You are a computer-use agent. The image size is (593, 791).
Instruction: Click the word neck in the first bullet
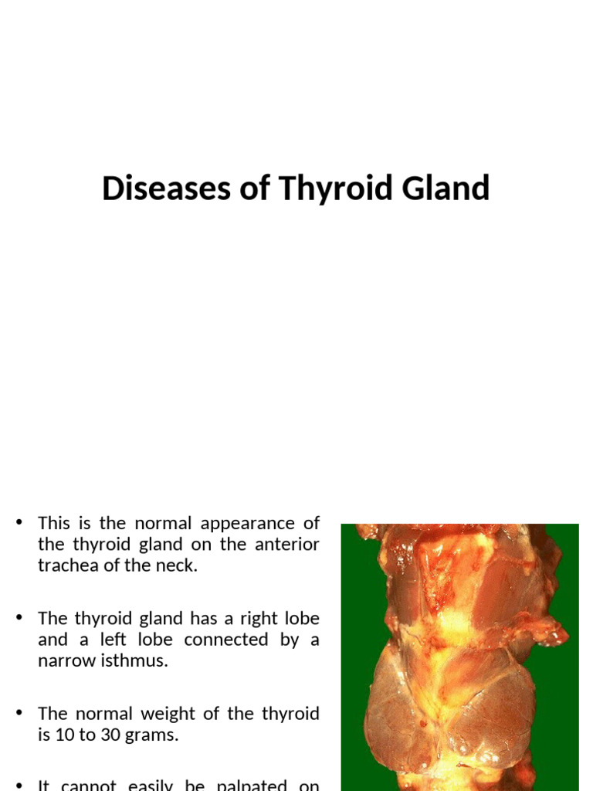click(177, 565)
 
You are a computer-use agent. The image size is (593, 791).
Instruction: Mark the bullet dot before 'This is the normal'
click(19, 524)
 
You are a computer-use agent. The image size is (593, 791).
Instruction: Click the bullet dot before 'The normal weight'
click(19, 715)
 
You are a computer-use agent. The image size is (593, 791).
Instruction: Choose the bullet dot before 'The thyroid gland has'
click(19, 620)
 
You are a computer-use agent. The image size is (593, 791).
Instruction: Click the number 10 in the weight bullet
click(64, 735)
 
